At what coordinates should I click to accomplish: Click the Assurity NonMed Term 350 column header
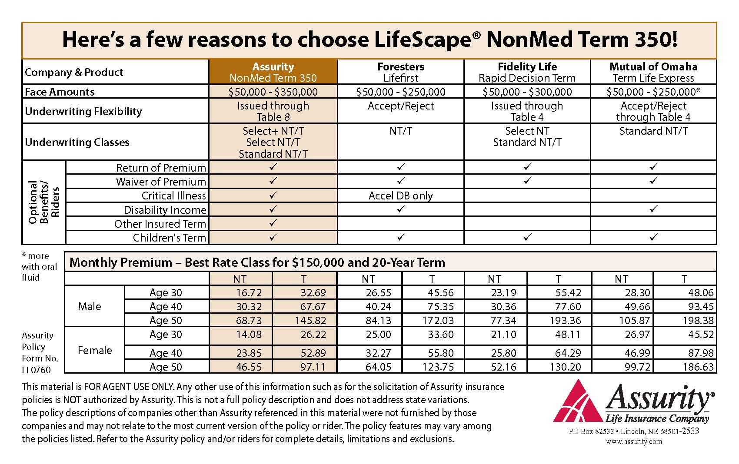pyautogui.click(x=273, y=72)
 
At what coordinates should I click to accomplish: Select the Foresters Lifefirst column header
pyautogui.click(x=401, y=72)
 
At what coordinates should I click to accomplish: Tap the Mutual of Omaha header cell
pyautogui.click(x=653, y=72)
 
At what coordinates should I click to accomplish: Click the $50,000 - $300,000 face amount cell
pyautogui.click(x=527, y=92)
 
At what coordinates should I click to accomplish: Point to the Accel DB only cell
pyautogui.click(x=400, y=196)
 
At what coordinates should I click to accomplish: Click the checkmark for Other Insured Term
pyautogui.click(x=273, y=223)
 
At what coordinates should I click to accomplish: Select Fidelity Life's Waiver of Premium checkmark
pyautogui.click(x=527, y=181)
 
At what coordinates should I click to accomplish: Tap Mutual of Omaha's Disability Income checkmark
pyautogui.click(x=653, y=209)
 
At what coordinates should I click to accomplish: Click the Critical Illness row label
pyautogui.click(x=174, y=196)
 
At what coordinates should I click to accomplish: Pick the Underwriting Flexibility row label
pyautogui.click(x=83, y=111)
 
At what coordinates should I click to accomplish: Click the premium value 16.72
pyautogui.click(x=249, y=292)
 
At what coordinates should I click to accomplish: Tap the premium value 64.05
pyautogui.click(x=378, y=367)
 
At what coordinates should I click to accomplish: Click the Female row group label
pyautogui.click(x=95, y=350)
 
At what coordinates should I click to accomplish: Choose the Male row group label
pyautogui.click(x=90, y=306)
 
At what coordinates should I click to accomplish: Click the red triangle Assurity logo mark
pyautogui.click(x=578, y=404)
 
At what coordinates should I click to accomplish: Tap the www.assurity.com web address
pyautogui.click(x=634, y=441)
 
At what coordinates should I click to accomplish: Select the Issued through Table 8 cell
pyautogui.click(x=273, y=111)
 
